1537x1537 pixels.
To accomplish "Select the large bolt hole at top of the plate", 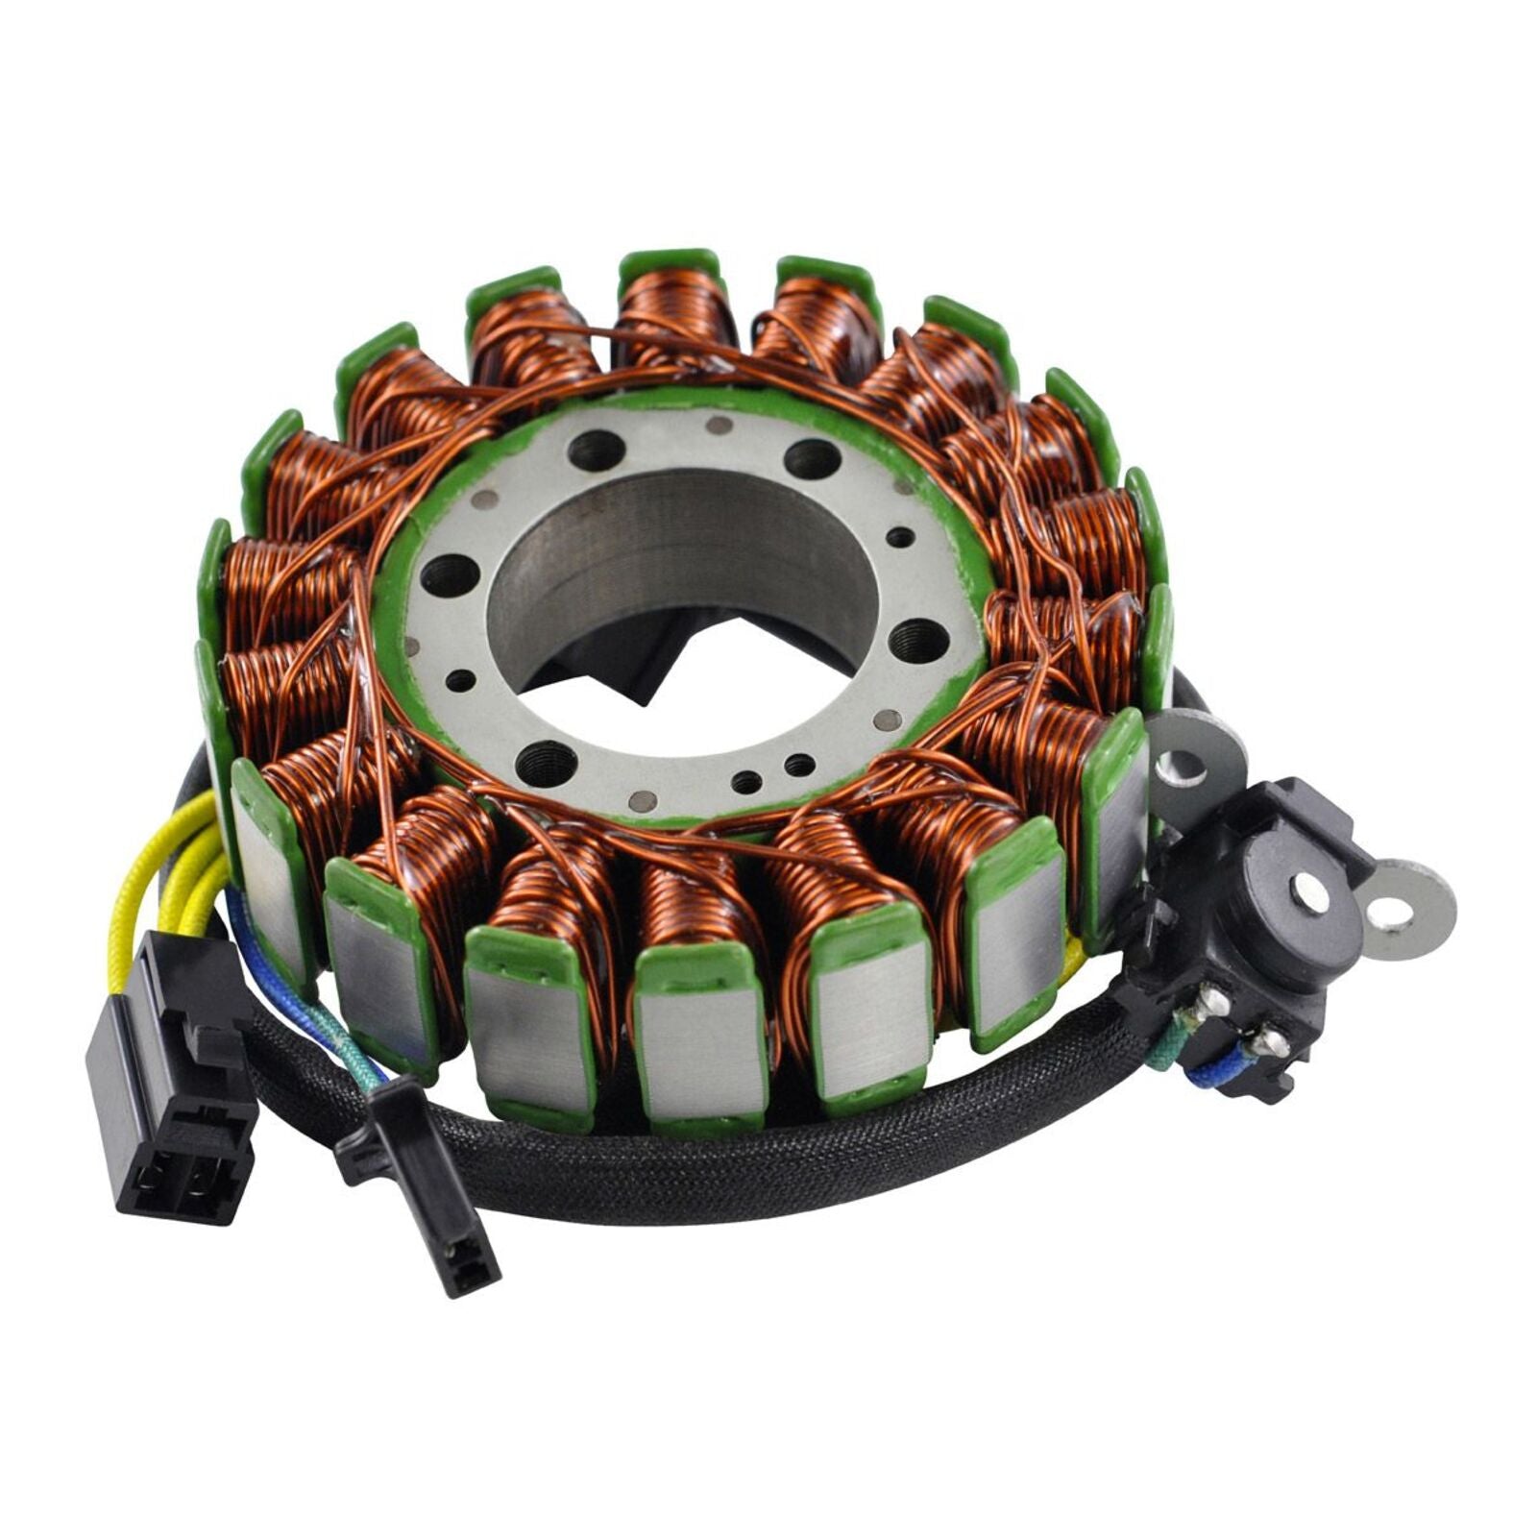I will [x=596, y=449].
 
